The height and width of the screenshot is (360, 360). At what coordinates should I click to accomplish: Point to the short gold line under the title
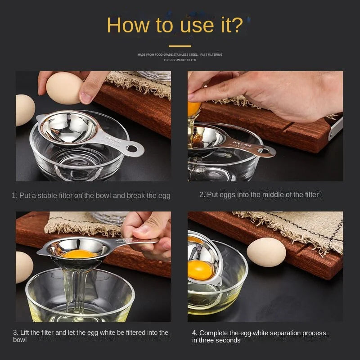(180, 45)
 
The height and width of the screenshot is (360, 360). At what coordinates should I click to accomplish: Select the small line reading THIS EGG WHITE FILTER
(180, 60)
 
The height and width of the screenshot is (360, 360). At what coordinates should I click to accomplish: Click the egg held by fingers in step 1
(64, 88)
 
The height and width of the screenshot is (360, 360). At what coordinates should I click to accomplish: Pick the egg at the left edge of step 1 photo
(24, 110)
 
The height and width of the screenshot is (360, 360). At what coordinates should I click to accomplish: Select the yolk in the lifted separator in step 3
(79, 254)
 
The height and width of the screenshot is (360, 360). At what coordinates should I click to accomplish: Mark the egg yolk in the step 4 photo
(200, 270)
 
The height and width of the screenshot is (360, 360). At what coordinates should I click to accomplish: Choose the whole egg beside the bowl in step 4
(266, 252)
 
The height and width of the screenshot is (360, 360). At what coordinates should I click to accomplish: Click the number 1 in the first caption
(14, 196)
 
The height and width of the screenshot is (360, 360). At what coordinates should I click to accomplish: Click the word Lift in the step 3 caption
(26, 333)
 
